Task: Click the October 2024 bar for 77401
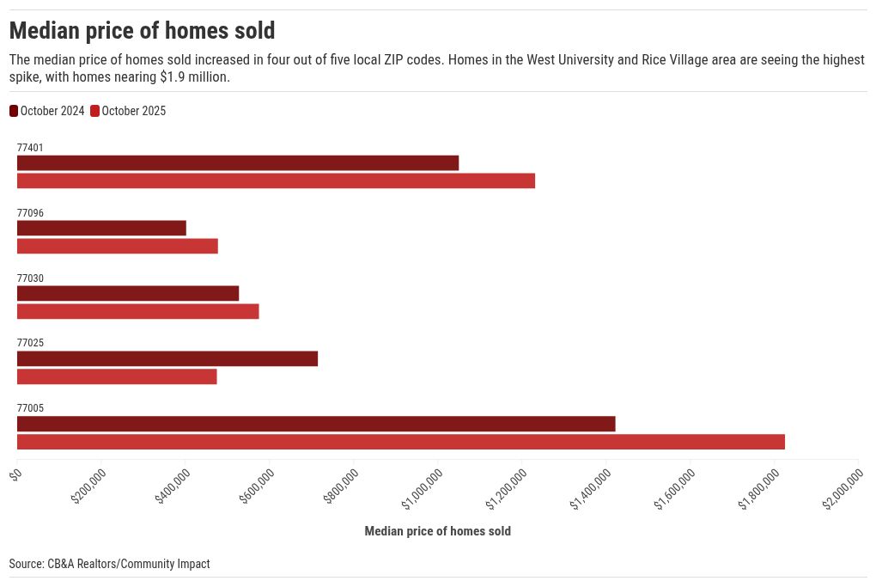pyautogui.click(x=238, y=163)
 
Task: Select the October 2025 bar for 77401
pyautogui.click(x=276, y=180)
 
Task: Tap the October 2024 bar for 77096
pyautogui.click(x=101, y=229)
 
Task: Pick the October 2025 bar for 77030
pyautogui.click(x=137, y=311)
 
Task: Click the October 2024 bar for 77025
pyautogui.click(x=167, y=358)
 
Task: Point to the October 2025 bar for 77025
pyautogui.click(x=117, y=376)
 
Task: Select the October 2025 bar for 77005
pyautogui.click(x=401, y=442)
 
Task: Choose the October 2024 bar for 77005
pyautogui.click(x=316, y=424)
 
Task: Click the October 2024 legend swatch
pyautogui.click(x=14, y=111)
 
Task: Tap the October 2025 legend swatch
pyautogui.click(x=95, y=111)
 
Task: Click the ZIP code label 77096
pyautogui.click(x=30, y=213)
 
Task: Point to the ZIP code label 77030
pyautogui.click(x=30, y=278)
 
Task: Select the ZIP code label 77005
pyautogui.click(x=30, y=408)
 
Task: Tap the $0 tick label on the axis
pyautogui.click(x=15, y=474)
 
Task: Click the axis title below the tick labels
pyautogui.click(x=437, y=531)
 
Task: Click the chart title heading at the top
pyautogui.click(x=142, y=31)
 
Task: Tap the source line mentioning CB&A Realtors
pyautogui.click(x=109, y=564)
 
